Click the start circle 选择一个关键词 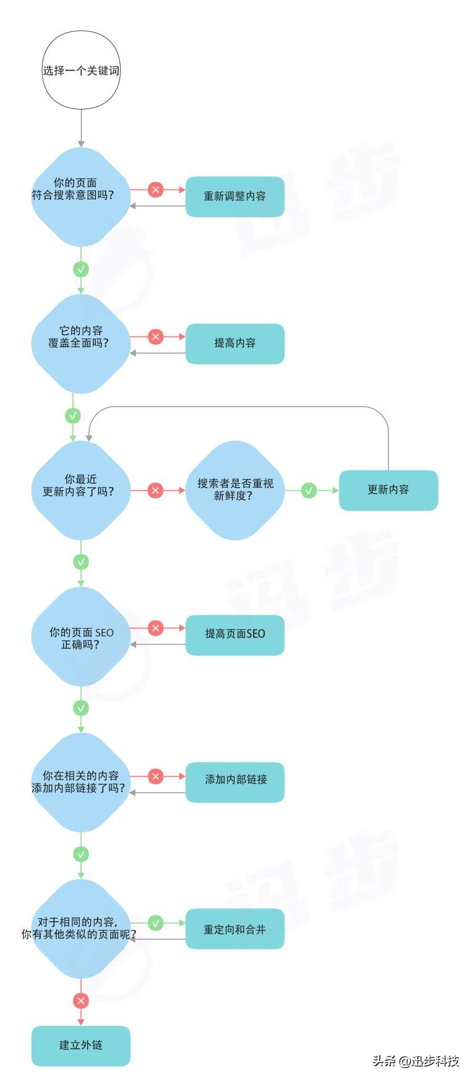coord(81,71)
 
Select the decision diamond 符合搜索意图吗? coord(81,196)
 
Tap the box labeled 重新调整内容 coord(235,196)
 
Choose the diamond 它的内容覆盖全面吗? coord(81,343)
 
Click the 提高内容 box coord(235,343)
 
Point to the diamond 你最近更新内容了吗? coord(81,490)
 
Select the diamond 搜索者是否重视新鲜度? coord(235,490)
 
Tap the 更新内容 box coord(388,490)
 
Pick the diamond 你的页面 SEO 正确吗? coord(81,637)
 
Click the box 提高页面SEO coord(235,634)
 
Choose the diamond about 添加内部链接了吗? coord(81,782)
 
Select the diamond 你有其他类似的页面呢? coord(81,928)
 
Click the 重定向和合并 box coord(235,929)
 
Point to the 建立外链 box coord(81,1045)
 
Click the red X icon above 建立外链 coord(81,1001)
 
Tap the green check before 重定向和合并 coord(156,923)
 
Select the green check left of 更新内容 coord(309,490)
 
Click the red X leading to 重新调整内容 coord(156,189)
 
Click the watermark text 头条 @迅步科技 coord(416,1061)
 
